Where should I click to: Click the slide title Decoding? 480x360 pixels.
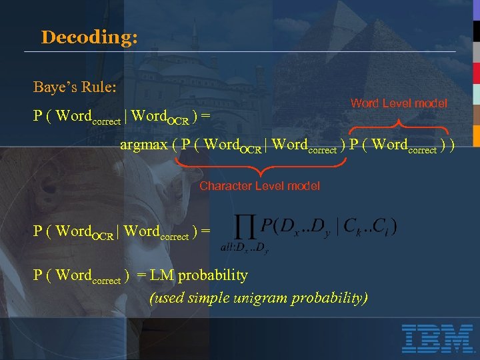(89, 37)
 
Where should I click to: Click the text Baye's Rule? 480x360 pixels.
(75, 87)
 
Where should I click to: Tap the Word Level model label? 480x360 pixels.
(399, 103)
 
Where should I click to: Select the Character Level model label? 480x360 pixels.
(259, 186)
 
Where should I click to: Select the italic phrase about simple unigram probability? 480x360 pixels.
(258, 297)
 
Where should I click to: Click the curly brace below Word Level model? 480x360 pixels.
(399, 123)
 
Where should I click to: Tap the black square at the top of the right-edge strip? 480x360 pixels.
(476, 31)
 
